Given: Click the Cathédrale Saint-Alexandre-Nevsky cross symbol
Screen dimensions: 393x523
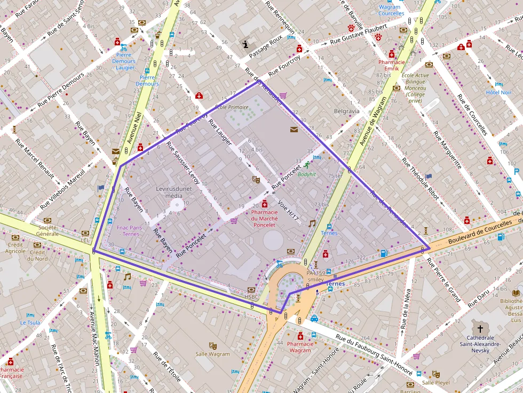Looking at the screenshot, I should pos(480,328).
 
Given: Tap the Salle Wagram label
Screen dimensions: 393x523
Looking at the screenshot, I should pos(212,354).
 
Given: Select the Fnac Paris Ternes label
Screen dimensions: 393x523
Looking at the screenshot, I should pos(128,230).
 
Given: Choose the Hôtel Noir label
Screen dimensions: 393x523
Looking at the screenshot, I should pos(498,92).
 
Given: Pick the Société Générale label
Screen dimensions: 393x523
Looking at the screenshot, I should pos(47,230).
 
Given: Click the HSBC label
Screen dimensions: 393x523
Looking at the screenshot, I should pos(251,297).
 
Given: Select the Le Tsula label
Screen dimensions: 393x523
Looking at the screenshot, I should pos(30,323).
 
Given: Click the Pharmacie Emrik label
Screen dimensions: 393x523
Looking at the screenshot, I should pos(392,66).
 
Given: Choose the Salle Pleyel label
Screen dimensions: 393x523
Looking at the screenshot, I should pos(435,382).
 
